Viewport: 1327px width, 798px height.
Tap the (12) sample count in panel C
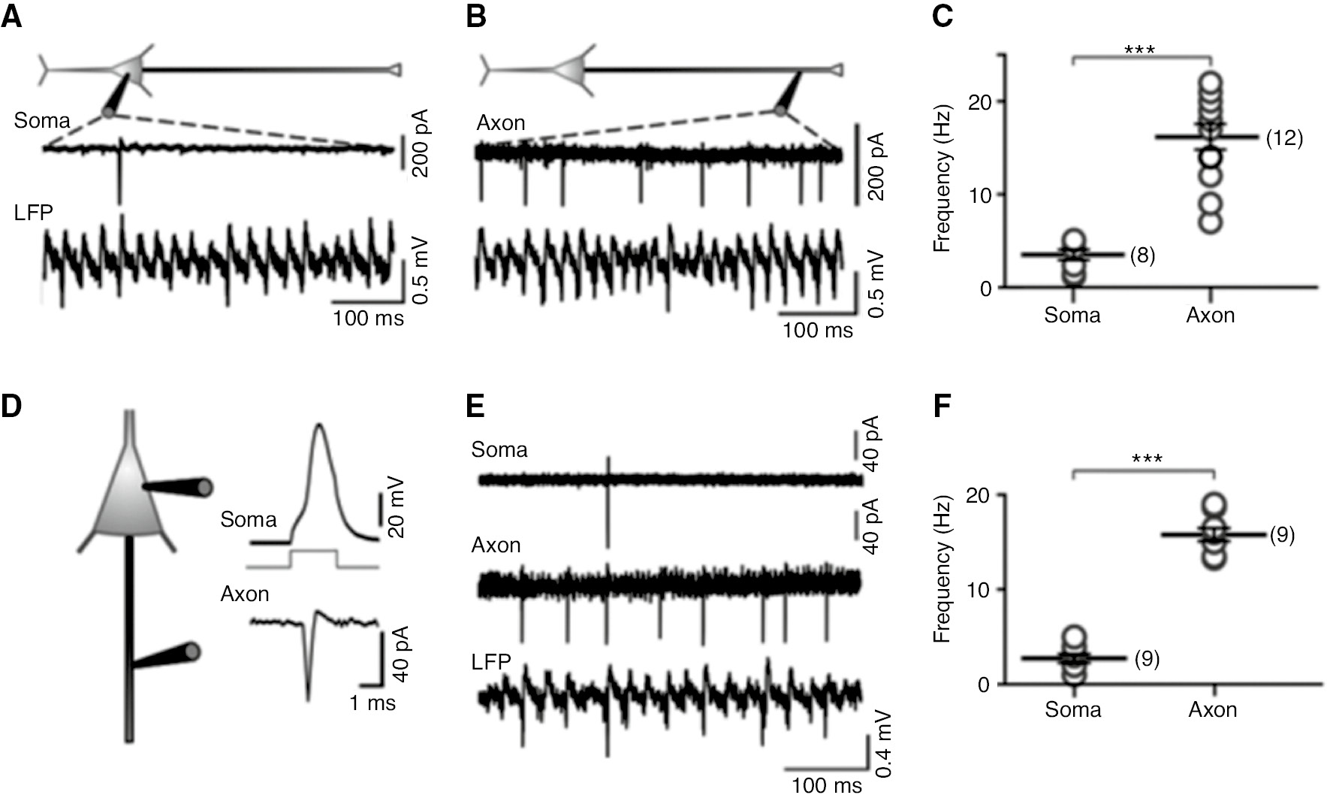pos(1284,138)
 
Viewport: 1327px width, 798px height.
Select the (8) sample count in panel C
pos(1142,255)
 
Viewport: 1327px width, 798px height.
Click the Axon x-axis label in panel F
pos(1212,709)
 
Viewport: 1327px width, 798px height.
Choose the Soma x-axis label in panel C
pos(1072,315)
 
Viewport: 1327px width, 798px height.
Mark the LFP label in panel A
pos(33,213)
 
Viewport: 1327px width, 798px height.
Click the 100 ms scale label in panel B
pos(818,330)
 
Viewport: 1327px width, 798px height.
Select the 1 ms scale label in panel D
pos(372,703)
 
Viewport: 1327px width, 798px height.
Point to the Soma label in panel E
pos(499,450)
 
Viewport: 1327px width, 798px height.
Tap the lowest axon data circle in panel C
pos(1211,222)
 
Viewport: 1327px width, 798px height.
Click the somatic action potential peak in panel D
pos(321,425)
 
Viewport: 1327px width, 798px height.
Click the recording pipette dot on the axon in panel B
pos(780,111)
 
